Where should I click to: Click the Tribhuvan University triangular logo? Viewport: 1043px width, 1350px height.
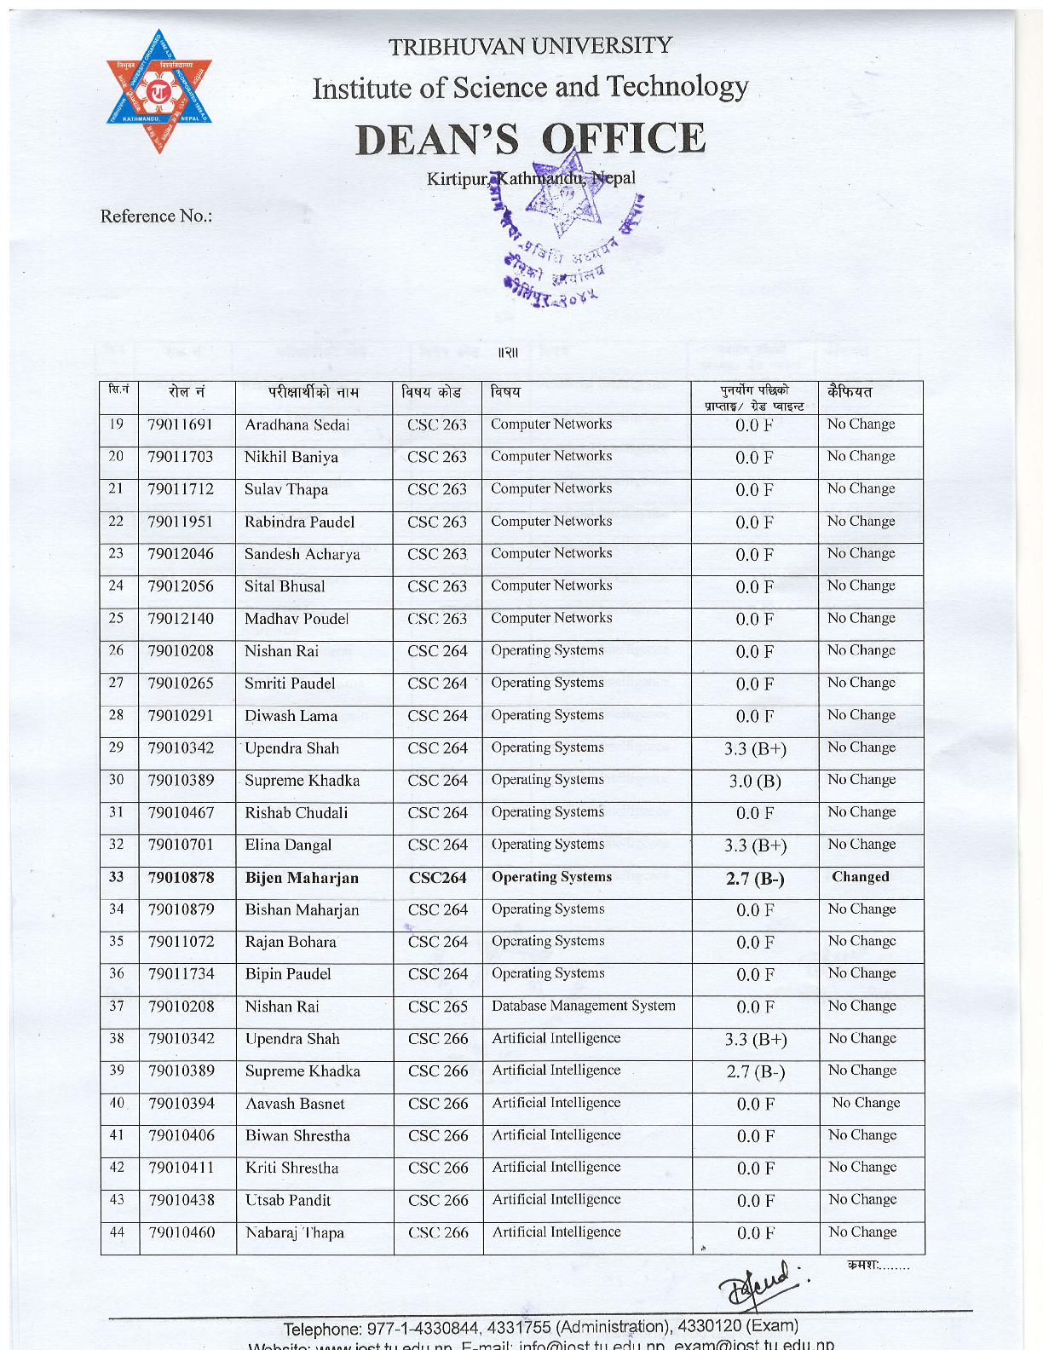coord(158,93)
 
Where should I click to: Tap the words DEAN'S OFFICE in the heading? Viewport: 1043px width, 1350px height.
coord(530,139)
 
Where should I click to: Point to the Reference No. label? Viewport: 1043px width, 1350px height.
coord(156,216)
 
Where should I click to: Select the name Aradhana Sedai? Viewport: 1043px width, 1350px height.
coord(297,424)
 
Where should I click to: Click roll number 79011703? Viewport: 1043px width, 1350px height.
coord(181,457)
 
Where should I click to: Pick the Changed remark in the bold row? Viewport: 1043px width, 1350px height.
coord(861,877)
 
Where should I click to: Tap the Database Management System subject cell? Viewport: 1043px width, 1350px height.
coord(584,1006)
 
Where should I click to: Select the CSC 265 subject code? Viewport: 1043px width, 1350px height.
coord(438,1007)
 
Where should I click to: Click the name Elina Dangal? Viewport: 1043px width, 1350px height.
coord(288,845)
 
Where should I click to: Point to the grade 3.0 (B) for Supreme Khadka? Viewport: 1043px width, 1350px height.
coord(755,782)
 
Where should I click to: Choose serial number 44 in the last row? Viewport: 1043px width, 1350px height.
coord(118,1232)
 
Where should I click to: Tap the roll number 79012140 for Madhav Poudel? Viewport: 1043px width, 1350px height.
coord(181,619)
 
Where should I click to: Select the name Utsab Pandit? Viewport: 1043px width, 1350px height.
coord(288,1200)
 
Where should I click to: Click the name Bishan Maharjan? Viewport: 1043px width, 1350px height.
coord(302,910)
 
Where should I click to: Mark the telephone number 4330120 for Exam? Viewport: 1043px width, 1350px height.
coord(709,1326)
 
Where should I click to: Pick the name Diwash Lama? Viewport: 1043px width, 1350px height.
coord(291,716)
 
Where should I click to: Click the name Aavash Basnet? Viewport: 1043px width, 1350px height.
coord(295,1104)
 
